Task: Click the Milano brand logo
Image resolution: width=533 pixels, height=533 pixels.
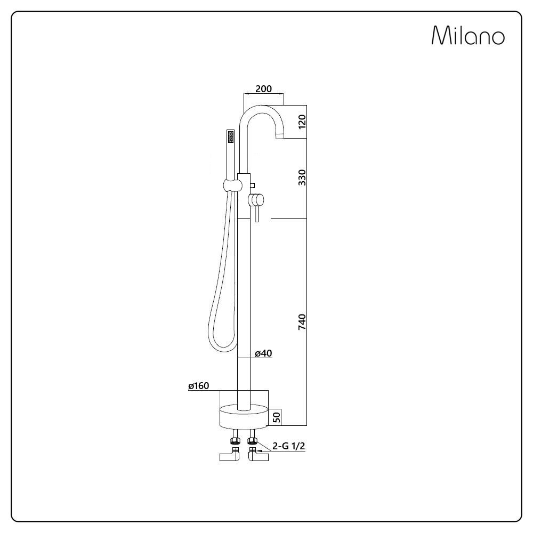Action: pyautogui.click(x=468, y=35)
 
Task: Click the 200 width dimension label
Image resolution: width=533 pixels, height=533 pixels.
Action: pyautogui.click(x=263, y=88)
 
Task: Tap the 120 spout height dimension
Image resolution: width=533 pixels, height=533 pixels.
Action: pyautogui.click(x=302, y=122)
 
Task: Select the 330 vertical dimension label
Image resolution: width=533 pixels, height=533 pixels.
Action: pyautogui.click(x=302, y=177)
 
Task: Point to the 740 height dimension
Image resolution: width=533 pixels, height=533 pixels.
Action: pyautogui.click(x=302, y=321)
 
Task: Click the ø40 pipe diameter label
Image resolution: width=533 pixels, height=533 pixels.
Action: pyautogui.click(x=263, y=353)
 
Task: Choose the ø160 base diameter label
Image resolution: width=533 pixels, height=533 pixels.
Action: pyautogui.click(x=198, y=386)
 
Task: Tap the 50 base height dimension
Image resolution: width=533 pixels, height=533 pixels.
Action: pyautogui.click(x=277, y=417)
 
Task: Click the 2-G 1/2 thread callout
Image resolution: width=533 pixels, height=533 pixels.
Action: pyautogui.click(x=288, y=446)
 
